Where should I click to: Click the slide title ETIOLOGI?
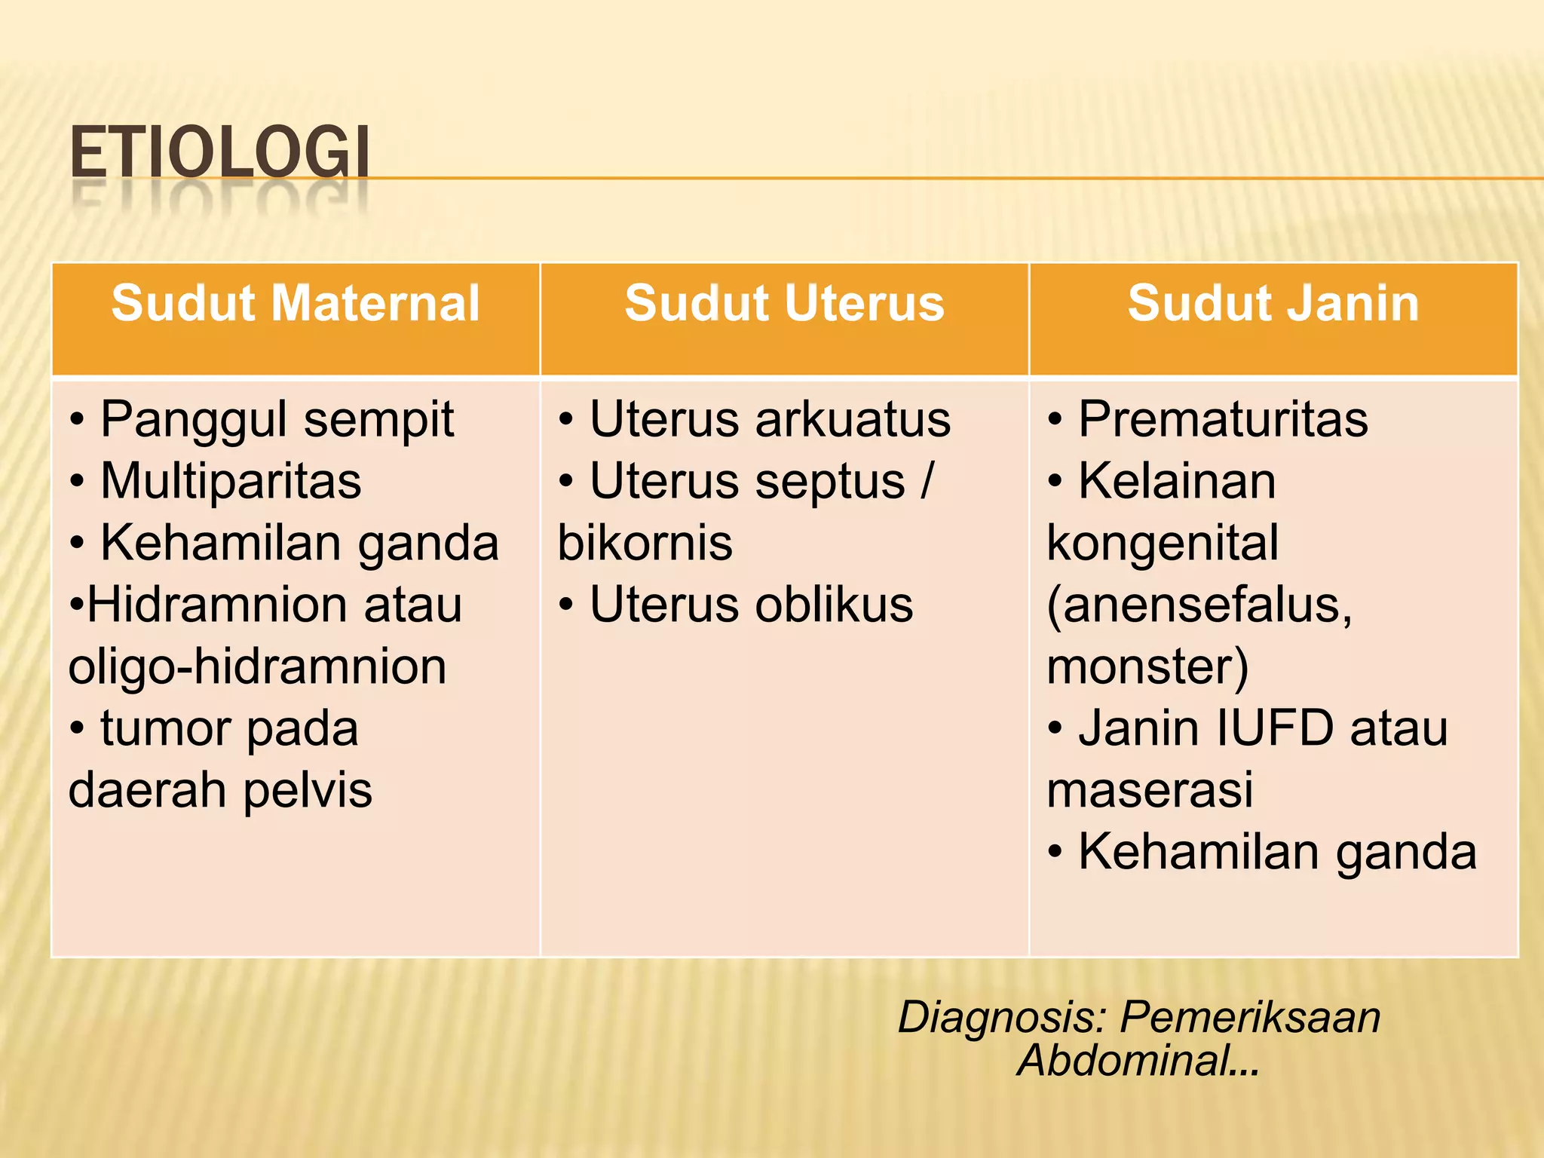point(219,153)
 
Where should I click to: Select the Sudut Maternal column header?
point(296,303)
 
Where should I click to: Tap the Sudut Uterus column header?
point(784,303)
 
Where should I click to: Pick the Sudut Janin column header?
point(1273,303)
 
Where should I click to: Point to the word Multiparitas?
point(231,481)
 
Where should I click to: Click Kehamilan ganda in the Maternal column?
point(299,543)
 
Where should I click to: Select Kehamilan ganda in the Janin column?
point(1277,852)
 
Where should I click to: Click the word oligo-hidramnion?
point(257,667)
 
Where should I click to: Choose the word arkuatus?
point(853,419)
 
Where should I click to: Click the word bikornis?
point(645,543)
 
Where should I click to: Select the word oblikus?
point(834,605)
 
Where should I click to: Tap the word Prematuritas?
point(1223,419)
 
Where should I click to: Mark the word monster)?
point(1147,667)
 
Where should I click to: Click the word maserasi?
point(1150,790)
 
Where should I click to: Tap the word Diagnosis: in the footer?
point(1001,1018)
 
